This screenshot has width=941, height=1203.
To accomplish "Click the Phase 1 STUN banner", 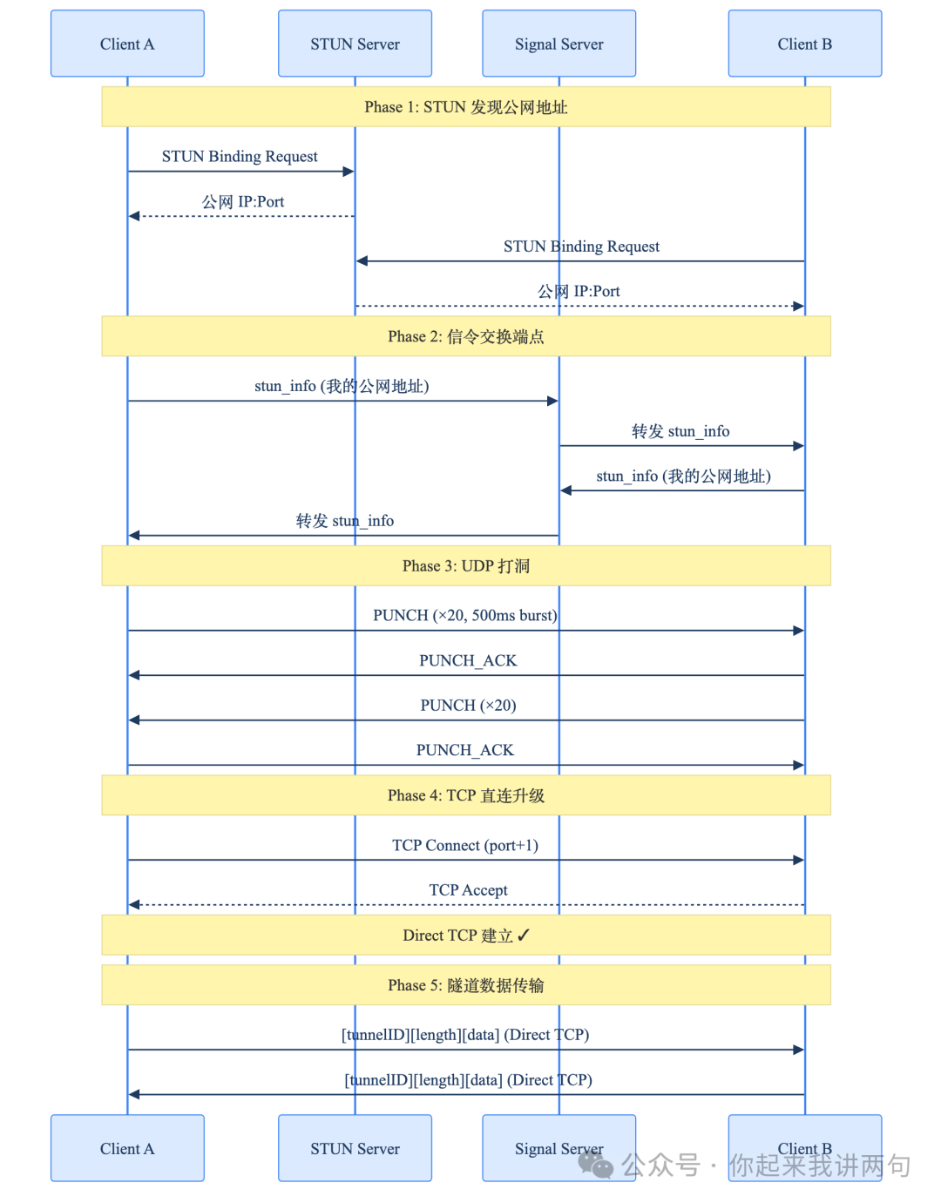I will pyautogui.click(x=465, y=107).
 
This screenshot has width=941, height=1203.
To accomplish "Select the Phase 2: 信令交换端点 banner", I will pyautogui.click(x=465, y=336).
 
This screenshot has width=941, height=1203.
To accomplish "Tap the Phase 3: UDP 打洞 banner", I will pyautogui.click(x=465, y=566).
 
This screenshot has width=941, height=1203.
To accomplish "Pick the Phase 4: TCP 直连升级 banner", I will pyautogui.click(x=465, y=795).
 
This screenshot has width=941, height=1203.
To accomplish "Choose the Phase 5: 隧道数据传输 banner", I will pyautogui.click(x=465, y=985).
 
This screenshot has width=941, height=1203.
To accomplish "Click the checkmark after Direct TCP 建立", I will pyautogui.click(x=524, y=935).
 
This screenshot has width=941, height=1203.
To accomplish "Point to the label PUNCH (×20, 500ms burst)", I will pyautogui.click(x=465, y=616).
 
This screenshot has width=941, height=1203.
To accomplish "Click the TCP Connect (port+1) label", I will pyautogui.click(x=465, y=845).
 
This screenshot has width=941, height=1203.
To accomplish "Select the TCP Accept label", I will pyautogui.click(x=468, y=890).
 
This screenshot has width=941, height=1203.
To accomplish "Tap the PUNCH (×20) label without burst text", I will pyautogui.click(x=468, y=706).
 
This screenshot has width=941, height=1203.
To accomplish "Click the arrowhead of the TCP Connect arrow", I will pyautogui.click(x=798, y=860).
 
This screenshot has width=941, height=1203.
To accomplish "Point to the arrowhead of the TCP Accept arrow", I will pyautogui.click(x=134, y=905).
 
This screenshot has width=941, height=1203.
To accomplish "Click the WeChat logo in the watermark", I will pyautogui.click(x=596, y=1164).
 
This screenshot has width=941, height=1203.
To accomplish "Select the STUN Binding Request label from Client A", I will pyautogui.click(x=240, y=157).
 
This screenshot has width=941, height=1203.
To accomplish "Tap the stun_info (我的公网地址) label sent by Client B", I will pyautogui.click(x=683, y=476).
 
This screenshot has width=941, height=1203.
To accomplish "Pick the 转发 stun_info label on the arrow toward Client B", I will pyautogui.click(x=680, y=431).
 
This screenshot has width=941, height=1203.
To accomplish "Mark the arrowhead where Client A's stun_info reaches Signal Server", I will pyautogui.click(x=552, y=402).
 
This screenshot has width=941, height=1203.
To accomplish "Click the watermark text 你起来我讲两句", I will pyautogui.click(x=819, y=1166).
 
